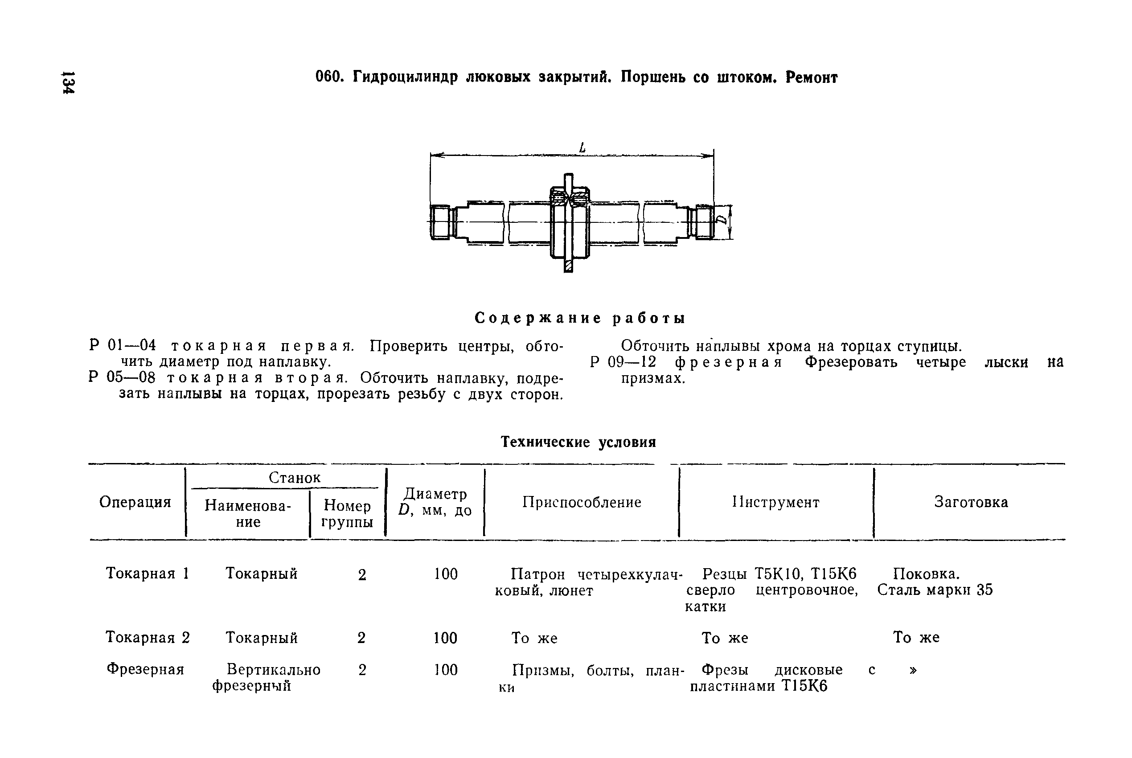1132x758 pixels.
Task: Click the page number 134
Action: [68, 83]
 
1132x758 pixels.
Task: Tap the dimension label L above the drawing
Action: [582, 148]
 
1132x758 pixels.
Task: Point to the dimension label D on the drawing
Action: [722, 221]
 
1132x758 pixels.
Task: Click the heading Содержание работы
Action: [579, 318]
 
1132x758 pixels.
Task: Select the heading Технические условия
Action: [578, 442]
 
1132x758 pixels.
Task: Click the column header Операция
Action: [135, 502]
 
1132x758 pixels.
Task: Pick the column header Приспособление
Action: [582, 502]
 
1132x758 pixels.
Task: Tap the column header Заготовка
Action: [971, 502]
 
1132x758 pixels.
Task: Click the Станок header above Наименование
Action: [294, 478]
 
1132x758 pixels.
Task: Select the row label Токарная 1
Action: [147, 574]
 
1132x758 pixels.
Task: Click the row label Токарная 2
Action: [148, 638]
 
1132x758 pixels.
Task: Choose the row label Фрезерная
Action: [145, 669]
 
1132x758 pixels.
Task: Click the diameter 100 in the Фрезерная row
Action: [445, 670]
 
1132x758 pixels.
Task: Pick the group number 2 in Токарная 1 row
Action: [362, 575]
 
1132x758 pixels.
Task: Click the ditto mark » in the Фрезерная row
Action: [913, 670]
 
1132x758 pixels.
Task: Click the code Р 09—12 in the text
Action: [623, 363]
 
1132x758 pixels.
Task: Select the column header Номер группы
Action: [347, 513]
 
